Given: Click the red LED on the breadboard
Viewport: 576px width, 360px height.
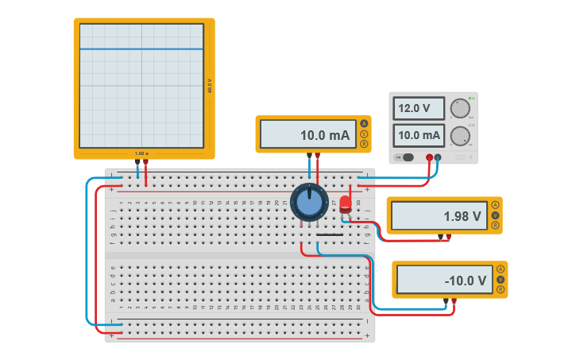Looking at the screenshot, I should (345, 205).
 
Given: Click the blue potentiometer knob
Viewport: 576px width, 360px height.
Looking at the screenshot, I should (309, 202).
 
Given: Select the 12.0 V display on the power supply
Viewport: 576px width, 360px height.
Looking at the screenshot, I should (419, 108).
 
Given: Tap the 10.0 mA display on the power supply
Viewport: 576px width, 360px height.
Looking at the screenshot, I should (419, 135).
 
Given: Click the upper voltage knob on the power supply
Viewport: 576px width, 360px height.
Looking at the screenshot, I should (459, 109).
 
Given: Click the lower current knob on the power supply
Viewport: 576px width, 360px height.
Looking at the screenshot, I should (459, 136).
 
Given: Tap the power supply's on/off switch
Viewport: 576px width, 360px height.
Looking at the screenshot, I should (407, 157).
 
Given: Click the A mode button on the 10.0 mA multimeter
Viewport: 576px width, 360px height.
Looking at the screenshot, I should (364, 123).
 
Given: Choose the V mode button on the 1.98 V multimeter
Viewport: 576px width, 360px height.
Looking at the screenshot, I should (495, 215).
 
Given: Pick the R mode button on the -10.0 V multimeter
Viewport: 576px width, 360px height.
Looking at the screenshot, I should (501, 290).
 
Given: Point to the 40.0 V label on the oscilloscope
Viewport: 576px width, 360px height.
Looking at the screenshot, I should (210, 86).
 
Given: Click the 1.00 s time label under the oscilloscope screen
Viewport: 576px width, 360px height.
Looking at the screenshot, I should (141, 153).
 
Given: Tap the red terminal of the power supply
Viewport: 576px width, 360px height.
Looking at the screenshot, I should (429, 157).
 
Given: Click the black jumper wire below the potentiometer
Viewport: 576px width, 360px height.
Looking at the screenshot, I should (329, 235).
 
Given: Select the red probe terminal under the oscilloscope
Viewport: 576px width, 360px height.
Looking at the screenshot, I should (145, 162).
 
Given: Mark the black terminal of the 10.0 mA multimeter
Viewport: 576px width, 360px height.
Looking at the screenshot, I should (309, 156).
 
